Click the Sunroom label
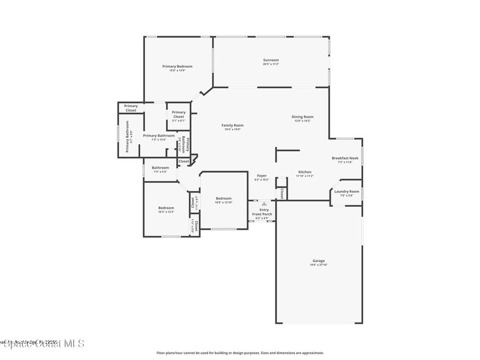point(271,60)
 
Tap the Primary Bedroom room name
point(177,67)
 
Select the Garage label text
point(319,261)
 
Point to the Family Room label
point(232,125)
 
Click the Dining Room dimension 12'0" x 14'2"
point(302,121)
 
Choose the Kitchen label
point(305,172)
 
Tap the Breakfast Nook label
point(345,158)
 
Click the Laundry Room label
point(347,191)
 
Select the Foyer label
point(262,176)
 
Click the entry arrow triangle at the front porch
point(264,204)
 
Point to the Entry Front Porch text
point(262,212)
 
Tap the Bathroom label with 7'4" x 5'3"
point(160,168)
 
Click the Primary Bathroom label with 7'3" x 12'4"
point(159,135)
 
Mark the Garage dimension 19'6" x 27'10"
point(318,265)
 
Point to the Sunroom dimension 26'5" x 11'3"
point(271,64)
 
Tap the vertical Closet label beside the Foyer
point(282,194)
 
